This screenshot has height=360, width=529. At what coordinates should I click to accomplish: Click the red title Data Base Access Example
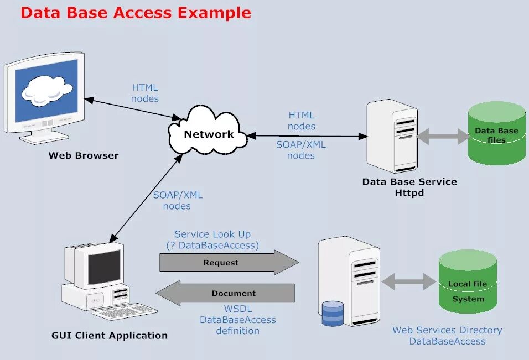click(x=136, y=13)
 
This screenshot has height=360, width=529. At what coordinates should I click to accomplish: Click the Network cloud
click(x=209, y=133)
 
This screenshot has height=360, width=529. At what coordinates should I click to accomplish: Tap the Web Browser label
click(x=84, y=155)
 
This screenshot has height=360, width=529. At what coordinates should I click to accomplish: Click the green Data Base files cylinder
click(x=496, y=133)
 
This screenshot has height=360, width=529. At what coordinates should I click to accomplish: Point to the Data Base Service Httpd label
click(x=409, y=187)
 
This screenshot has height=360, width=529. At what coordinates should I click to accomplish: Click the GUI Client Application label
click(x=110, y=335)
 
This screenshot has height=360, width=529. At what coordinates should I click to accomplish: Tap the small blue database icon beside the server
click(x=332, y=313)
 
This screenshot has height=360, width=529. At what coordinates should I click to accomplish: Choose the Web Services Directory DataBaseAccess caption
click(x=447, y=336)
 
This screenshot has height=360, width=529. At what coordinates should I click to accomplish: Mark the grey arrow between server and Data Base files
click(x=443, y=136)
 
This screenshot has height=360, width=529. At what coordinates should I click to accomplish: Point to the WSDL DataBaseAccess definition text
click(x=237, y=320)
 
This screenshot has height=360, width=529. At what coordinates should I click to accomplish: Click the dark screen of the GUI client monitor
click(x=104, y=267)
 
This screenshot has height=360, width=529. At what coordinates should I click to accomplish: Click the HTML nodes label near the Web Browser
click(x=145, y=93)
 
